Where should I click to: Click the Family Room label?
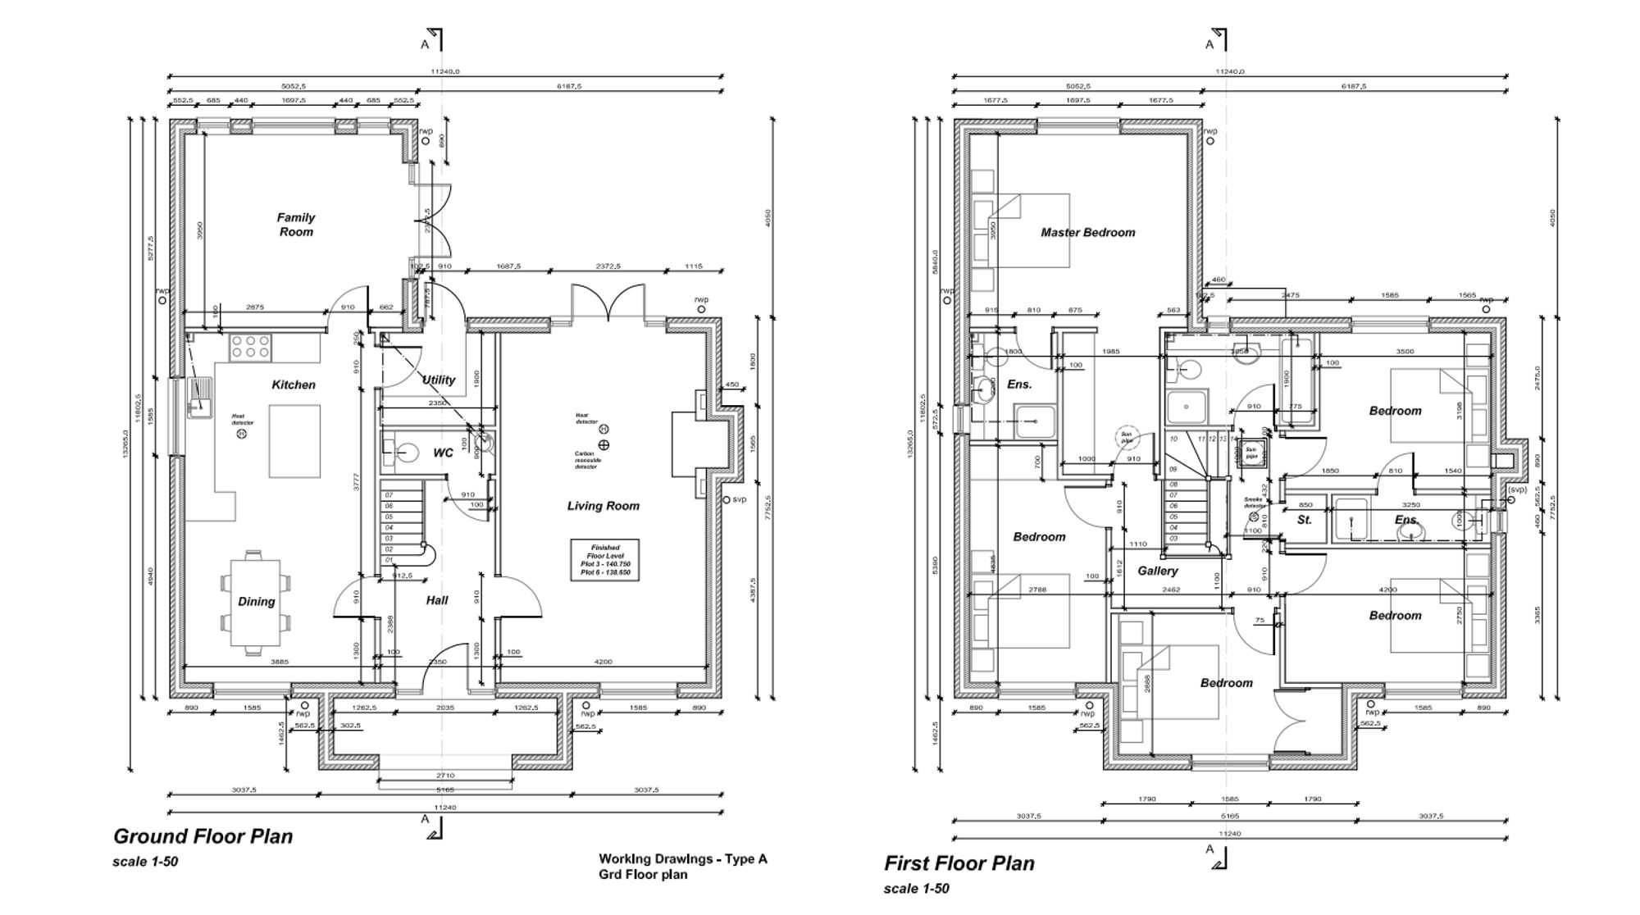[295, 225]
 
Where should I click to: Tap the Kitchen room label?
[294, 385]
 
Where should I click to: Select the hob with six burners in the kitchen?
[250, 348]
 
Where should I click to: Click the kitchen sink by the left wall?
[199, 399]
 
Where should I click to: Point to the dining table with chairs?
[256, 602]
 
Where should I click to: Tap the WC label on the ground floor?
[443, 453]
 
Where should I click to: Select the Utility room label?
[439, 380]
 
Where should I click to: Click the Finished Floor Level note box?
[604, 560]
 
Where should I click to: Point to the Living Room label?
[603, 506]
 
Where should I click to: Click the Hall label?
[437, 600]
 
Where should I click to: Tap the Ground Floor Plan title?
[203, 836]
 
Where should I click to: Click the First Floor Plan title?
[959, 863]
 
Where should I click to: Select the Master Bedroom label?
[1087, 233]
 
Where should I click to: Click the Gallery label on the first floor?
[1157, 571]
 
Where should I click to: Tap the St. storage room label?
[1304, 520]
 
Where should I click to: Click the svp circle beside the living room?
[726, 499]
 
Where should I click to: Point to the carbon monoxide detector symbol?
[604, 445]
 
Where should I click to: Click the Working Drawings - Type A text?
[682, 859]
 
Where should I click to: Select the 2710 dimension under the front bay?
[445, 775]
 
